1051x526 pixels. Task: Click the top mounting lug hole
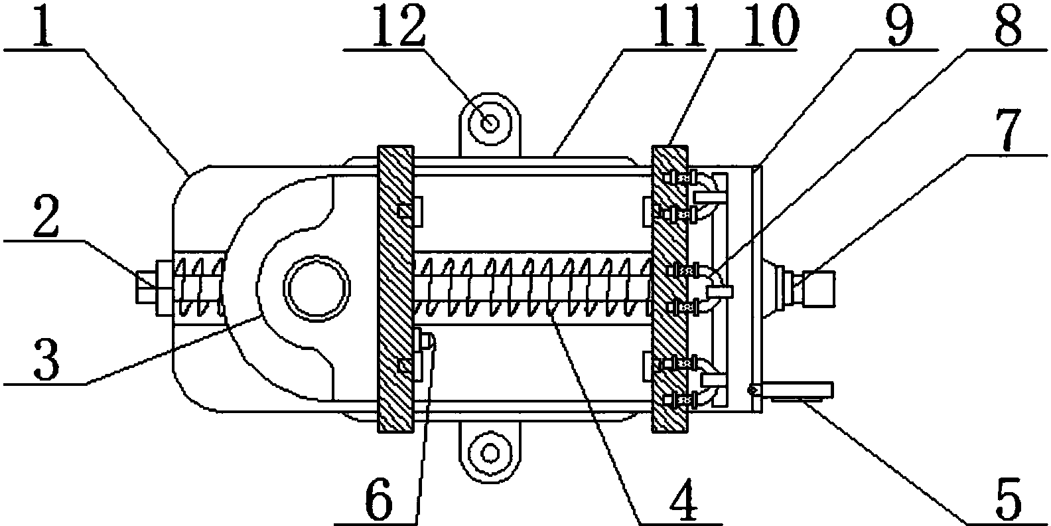click(x=490, y=122)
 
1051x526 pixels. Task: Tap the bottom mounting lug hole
click(x=490, y=453)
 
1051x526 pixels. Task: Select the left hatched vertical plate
click(x=395, y=288)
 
